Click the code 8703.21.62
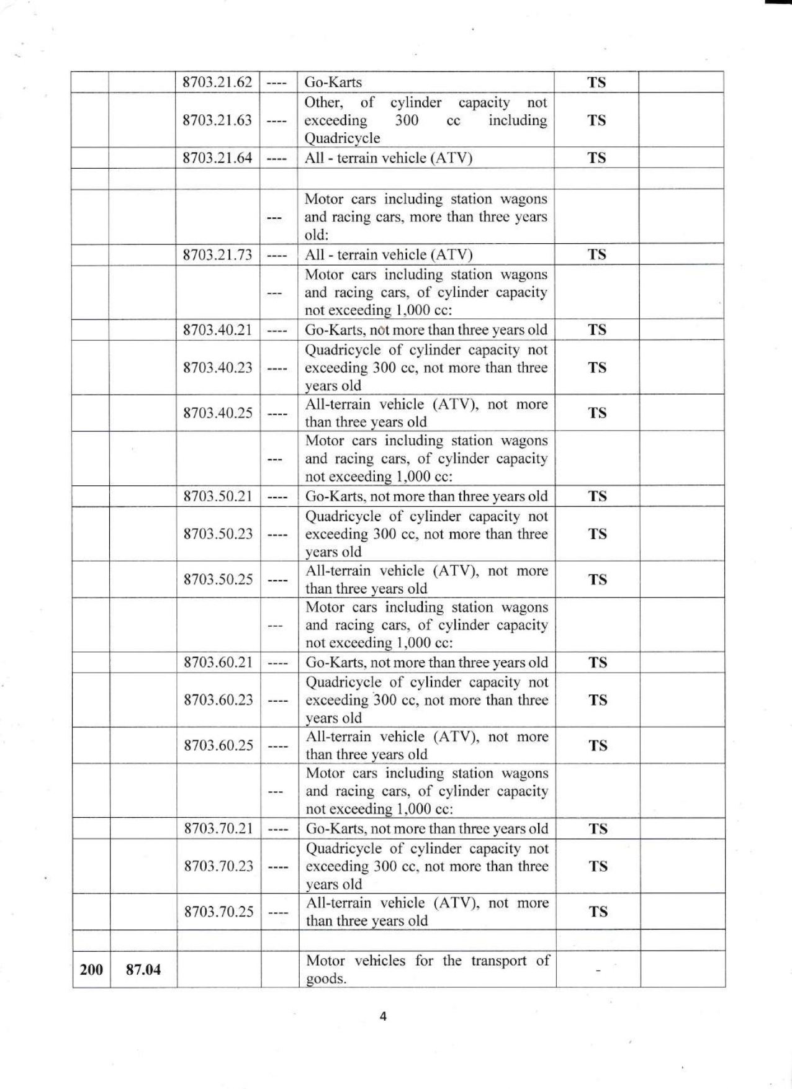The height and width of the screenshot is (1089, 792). click(x=217, y=82)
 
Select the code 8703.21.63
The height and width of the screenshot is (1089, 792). click(x=217, y=120)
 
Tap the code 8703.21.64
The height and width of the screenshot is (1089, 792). click(x=217, y=158)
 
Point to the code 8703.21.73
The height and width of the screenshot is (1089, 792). click(x=217, y=254)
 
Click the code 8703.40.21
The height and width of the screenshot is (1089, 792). click(x=217, y=329)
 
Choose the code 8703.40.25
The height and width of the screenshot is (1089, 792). click(x=217, y=413)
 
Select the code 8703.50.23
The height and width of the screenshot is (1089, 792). click(x=218, y=534)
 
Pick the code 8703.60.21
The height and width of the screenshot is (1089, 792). click(x=218, y=662)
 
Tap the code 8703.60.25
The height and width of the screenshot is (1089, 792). click(x=218, y=745)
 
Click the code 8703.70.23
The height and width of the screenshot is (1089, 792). click(x=218, y=866)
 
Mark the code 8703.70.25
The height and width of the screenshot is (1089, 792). click(x=218, y=912)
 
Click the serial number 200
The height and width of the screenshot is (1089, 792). click(x=91, y=969)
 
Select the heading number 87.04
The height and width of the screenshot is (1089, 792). click(x=143, y=969)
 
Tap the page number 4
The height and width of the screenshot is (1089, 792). click(x=383, y=1016)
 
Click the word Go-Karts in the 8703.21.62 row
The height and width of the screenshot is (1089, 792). click(x=333, y=82)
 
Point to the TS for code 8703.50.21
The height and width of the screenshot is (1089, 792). click(x=597, y=496)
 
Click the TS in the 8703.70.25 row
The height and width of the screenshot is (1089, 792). click(x=598, y=912)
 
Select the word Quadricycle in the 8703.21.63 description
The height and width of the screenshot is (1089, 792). click(x=342, y=138)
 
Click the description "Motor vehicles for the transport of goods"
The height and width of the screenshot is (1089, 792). click(x=427, y=969)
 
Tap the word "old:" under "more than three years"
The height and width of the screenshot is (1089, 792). click(x=317, y=235)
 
